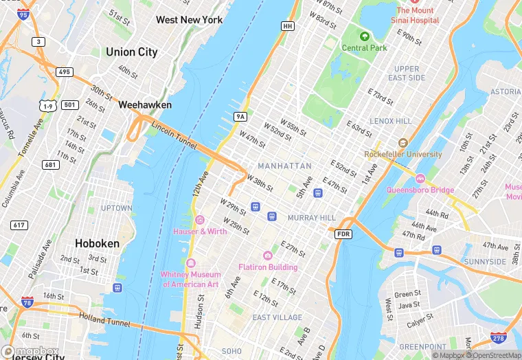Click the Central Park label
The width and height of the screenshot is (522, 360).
click(364, 48)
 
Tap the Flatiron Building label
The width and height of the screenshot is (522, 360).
click(268, 267)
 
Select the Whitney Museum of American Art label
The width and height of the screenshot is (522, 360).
click(190, 279)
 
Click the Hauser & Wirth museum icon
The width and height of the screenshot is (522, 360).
click(200, 220)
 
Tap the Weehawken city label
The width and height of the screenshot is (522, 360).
click(145, 105)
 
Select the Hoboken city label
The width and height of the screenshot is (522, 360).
click(97, 243)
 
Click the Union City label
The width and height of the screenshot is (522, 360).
click(131, 52)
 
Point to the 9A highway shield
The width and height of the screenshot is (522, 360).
click(240, 117)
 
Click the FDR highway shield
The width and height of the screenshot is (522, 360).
click(343, 234)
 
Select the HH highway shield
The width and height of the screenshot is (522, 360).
click(288, 25)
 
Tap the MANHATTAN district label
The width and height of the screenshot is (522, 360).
click(284, 166)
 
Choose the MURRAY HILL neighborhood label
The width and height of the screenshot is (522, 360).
click(311, 218)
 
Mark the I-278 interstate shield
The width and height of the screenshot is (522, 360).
click(499, 338)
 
